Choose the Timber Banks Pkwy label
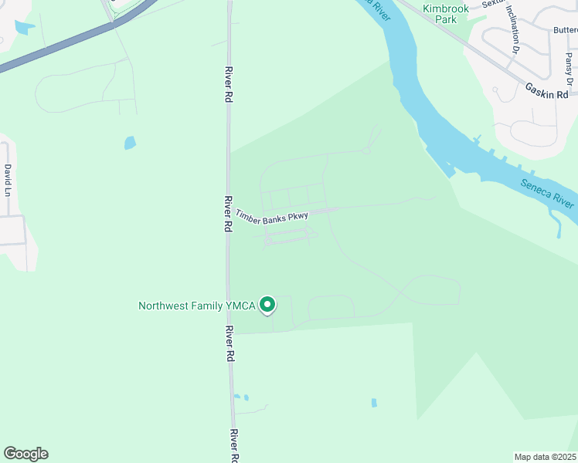(x=272, y=218)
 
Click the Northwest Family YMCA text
(x=197, y=306)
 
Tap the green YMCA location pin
(x=267, y=306)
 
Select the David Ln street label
(x=8, y=180)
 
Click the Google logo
(x=25, y=454)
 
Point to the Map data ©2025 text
(x=546, y=457)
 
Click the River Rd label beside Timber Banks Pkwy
(x=228, y=215)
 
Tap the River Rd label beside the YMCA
(x=229, y=344)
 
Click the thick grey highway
(x=62, y=48)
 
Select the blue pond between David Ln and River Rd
(x=130, y=143)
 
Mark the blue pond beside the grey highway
(x=24, y=28)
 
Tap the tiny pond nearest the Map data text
(x=374, y=403)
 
